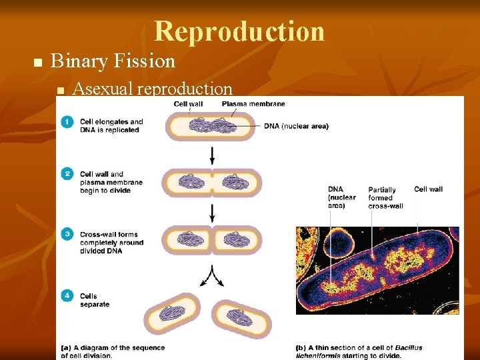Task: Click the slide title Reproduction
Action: (239, 31)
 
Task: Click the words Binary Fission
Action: (113, 61)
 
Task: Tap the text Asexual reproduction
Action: (152, 89)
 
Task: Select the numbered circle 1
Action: (67, 122)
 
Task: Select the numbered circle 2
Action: (67, 174)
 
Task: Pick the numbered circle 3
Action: (67, 234)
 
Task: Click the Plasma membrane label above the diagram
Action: (253, 104)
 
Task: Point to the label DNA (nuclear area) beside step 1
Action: (296, 126)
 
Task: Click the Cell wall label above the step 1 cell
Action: (188, 104)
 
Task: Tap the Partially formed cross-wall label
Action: (385, 198)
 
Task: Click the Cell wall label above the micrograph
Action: (428, 189)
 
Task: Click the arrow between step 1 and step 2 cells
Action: (212, 155)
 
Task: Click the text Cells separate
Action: (95, 301)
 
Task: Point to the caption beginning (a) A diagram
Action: (113, 352)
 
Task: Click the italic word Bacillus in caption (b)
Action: (407, 348)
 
